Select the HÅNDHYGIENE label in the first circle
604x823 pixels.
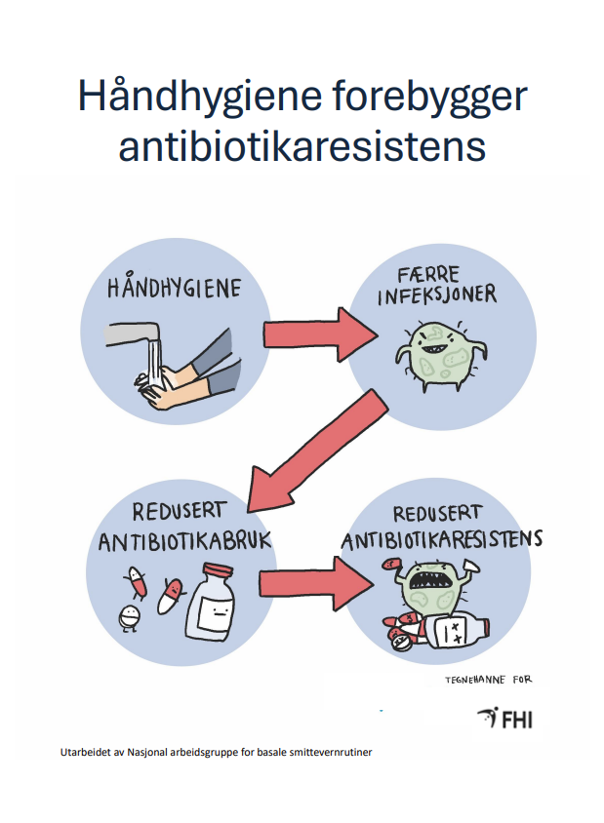175,289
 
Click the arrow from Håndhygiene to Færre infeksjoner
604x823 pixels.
320,334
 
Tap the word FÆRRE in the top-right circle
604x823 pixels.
428,275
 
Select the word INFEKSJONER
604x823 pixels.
437,295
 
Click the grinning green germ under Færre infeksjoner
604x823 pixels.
441,355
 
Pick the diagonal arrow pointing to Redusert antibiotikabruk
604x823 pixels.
317,451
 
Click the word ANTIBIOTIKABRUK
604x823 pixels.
184,540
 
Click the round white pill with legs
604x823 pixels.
129,618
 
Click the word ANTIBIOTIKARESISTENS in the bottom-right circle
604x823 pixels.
442,539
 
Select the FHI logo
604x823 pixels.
505,718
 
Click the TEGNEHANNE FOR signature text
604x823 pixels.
489,680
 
